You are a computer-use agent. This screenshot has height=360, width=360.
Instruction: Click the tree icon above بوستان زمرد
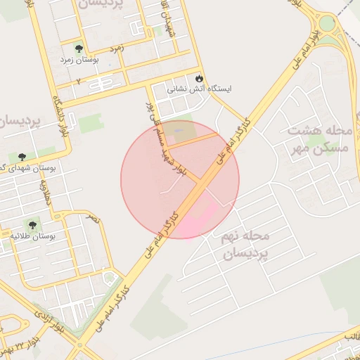79,49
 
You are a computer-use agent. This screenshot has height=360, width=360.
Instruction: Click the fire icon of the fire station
200,79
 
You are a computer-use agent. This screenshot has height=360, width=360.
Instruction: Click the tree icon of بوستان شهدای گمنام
22,157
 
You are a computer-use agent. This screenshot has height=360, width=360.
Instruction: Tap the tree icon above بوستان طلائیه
32,225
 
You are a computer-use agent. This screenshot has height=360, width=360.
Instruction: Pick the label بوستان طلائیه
32,237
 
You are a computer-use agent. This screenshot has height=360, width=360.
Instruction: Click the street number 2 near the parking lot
79,82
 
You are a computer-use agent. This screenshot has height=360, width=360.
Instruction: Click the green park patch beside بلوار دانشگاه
89,124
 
